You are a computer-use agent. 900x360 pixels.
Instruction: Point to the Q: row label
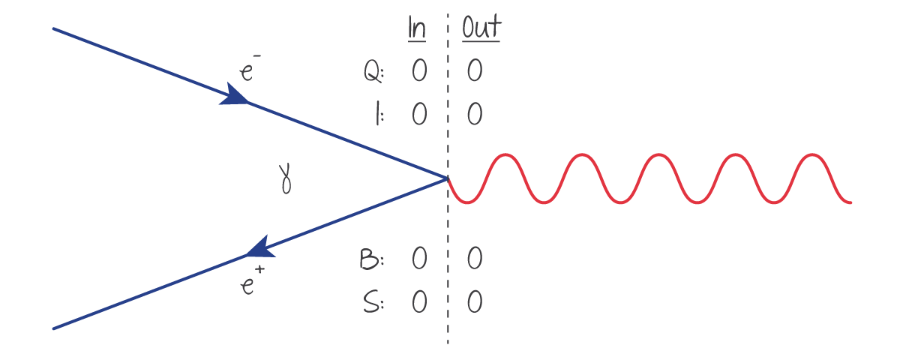point(373,72)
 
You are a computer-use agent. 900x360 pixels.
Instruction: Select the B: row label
point(372,259)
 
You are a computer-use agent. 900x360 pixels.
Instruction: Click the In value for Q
point(418,72)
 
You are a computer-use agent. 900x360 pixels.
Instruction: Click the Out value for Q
point(474,72)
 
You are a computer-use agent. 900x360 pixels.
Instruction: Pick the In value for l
point(418,115)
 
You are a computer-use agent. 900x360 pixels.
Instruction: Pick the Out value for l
point(474,115)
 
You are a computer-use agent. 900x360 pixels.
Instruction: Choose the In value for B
point(418,259)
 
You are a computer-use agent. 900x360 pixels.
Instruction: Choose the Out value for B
point(474,259)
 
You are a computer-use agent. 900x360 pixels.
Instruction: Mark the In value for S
point(418,302)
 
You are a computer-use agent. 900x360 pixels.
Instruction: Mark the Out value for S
point(474,302)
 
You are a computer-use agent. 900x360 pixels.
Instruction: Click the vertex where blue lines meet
point(446,178)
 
